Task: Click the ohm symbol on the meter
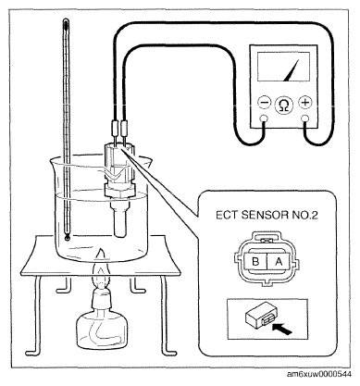tap(283, 105)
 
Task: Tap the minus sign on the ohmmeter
tap(265, 103)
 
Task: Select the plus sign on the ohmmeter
tap(305, 103)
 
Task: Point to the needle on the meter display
tap(292, 70)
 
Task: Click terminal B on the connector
tap(255, 262)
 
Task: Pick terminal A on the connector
tap(279, 262)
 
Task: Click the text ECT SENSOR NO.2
tap(267, 215)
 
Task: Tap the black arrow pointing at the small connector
tap(282, 329)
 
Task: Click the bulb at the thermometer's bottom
tap(67, 238)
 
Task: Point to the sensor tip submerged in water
tap(120, 220)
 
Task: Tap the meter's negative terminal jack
tap(264, 118)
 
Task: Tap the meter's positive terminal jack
tap(305, 118)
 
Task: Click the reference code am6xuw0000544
tap(319, 374)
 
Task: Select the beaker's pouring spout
tap(55, 161)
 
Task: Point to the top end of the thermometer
tap(66, 21)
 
